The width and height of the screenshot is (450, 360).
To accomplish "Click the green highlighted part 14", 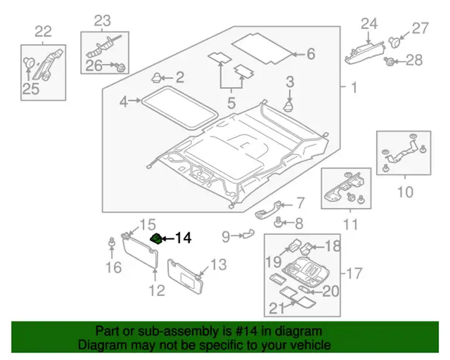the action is pyautogui.click(x=156, y=239).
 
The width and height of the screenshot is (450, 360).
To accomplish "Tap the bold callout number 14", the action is pyautogui.click(x=183, y=238).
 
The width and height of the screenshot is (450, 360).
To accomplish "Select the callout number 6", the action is pyautogui.click(x=311, y=54).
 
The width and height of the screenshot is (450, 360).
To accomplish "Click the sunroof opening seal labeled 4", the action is pyautogui.click(x=179, y=107).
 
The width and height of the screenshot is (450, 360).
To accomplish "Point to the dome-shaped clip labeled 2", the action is pyautogui.click(x=156, y=77).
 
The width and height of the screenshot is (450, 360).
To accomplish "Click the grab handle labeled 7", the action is pyautogui.click(x=267, y=210).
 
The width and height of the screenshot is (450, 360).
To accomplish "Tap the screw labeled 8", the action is pyautogui.click(x=278, y=222).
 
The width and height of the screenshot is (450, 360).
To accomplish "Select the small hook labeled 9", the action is pyautogui.click(x=249, y=234).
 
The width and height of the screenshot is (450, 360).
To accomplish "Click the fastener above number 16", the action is pyautogui.click(x=112, y=242).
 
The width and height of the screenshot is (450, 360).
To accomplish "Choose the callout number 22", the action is pyautogui.click(x=44, y=32).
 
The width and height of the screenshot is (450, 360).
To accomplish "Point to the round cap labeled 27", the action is pyautogui.click(x=395, y=42).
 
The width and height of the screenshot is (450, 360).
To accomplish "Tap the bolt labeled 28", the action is pyautogui.click(x=389, y=61).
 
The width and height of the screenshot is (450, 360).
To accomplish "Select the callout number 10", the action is pyautogui.click(x=405, y=192).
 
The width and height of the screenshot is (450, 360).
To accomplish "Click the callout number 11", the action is pyautogui.click(x=350, y=224).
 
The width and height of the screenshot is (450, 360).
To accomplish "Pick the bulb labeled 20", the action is pyautogui.click(x=305, y=289).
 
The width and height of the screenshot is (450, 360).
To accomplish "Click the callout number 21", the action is pyautogui.click(x=277, y=308).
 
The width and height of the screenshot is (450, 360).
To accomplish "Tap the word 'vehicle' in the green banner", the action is pyautogui.click(x=314, y=345).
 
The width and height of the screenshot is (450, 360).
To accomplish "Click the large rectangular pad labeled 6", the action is pyautogui.click(x=263, y=48).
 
